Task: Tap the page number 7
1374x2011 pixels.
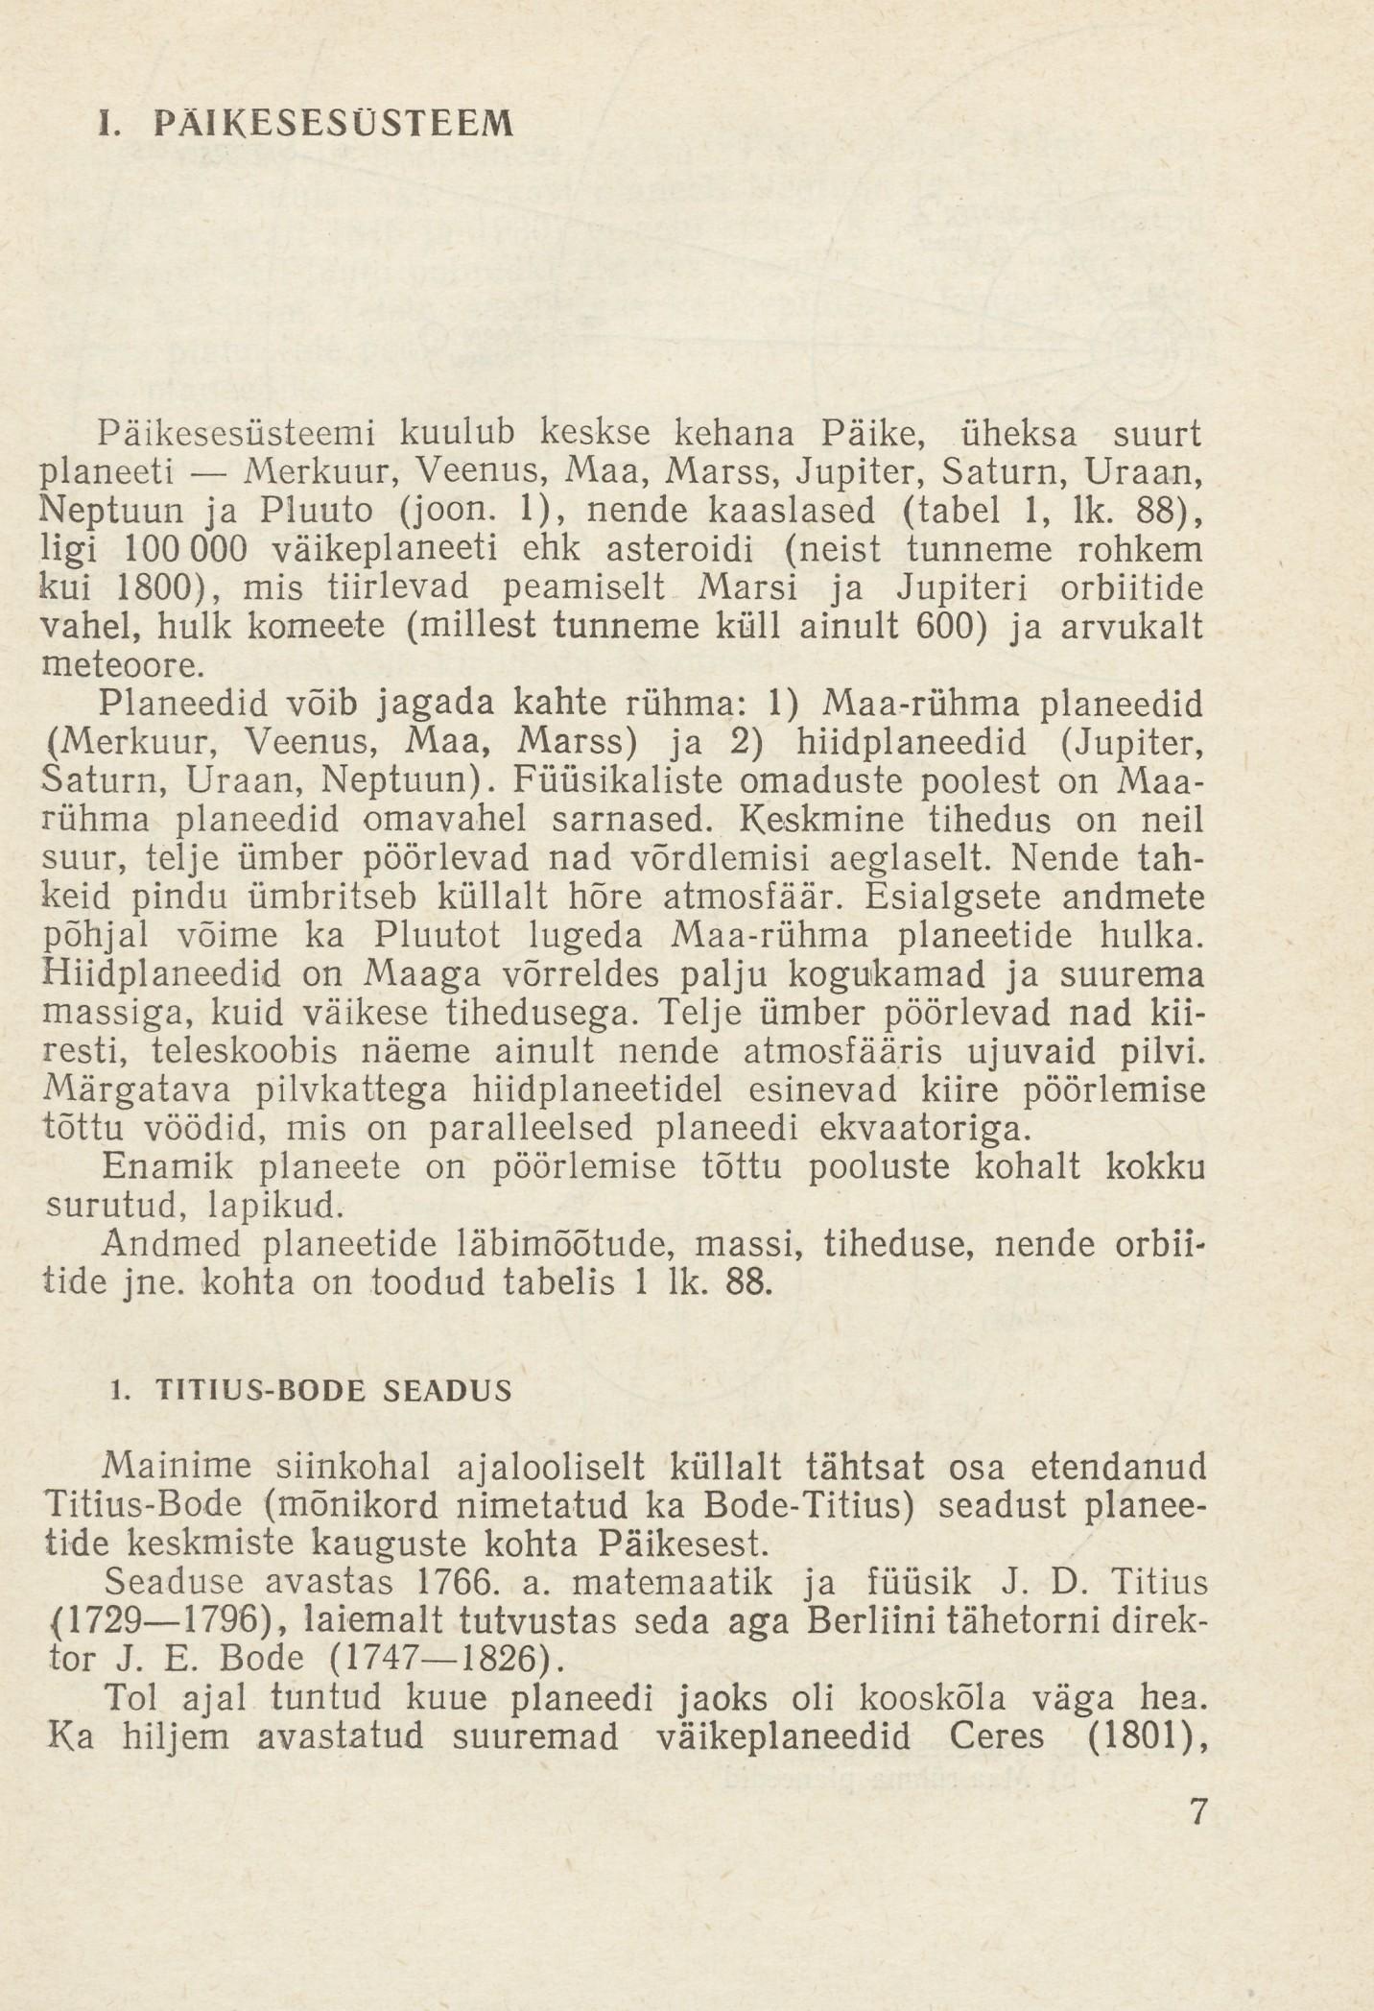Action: pyautogui.click(x=1196, y=1811)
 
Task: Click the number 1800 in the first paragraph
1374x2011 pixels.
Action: pyautogui.click(x=151, y=588)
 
